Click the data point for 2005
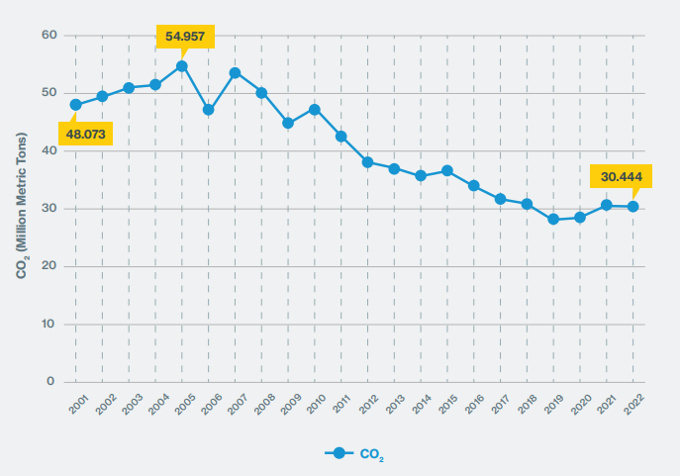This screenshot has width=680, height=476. [182, 66]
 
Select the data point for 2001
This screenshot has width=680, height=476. [75, 105]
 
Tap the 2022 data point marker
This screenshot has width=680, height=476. [632, 207]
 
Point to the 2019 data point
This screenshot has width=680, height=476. [553, 220]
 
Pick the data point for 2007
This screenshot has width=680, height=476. [235, 72]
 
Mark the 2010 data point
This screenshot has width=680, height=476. [315, 110]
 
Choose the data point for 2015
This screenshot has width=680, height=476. [447, 170]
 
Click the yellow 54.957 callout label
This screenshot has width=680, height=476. [185, 37]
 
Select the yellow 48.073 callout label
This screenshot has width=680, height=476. [85, 134]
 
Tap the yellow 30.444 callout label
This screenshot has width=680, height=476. [621, 176]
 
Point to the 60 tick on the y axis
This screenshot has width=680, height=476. [49, 36]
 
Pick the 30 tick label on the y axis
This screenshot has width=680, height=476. [49, 209]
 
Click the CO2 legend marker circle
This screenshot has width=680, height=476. [339, 453]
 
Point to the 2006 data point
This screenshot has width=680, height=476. [209, 110]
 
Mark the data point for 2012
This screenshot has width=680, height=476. [367, 162]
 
